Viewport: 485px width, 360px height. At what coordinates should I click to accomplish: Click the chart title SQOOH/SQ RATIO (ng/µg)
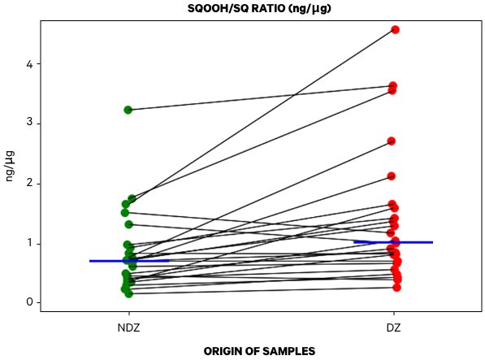click(x=259, y=8)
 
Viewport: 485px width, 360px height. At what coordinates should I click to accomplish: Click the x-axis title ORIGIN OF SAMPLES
click(x=259, y=351)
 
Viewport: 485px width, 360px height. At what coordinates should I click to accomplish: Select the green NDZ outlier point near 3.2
click(x=128, y=110)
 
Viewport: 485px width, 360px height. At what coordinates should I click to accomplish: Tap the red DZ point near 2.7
click(x=392, y=141)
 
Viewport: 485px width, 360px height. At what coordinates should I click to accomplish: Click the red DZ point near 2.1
click(x=392, y=176)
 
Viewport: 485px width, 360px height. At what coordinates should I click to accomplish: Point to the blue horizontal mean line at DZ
click(x=394, y=242)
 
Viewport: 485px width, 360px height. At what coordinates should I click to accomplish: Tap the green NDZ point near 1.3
click(x=128, y=224)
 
